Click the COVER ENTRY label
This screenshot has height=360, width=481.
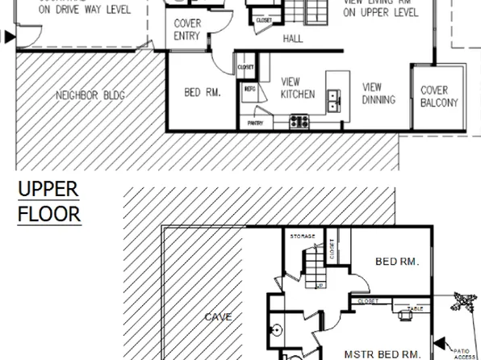point(187,30)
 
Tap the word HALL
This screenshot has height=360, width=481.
point(292,39)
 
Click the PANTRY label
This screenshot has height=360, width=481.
point(256,123)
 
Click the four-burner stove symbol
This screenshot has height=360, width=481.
point(299,122)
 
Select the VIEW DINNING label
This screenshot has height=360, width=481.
point(378,94)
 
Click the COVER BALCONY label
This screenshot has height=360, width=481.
point(439,97)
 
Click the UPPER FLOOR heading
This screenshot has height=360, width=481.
point(48,202)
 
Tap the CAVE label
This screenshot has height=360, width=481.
point(218,316)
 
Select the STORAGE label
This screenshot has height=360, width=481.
point(303,236)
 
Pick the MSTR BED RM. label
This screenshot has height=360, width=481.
point(382,354)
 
